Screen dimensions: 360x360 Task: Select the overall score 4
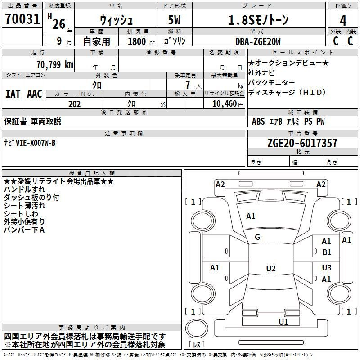coord(343,20)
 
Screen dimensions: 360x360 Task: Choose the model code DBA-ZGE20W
coord(258,41)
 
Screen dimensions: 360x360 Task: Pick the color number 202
coord(74,104)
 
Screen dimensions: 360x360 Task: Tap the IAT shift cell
coord(13,94)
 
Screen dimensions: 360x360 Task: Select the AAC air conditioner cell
coord(35,94)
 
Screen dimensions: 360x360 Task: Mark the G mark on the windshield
coord(257,237)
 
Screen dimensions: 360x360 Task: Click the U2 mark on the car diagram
coord(270,269)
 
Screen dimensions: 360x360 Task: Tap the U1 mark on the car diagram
coord(283,322)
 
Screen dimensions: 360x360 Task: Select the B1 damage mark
coord(327,252)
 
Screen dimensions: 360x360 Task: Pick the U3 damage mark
coord(327,268)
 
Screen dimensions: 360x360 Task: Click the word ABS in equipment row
coord(258,121)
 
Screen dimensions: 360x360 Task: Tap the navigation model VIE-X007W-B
coord(36,143)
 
